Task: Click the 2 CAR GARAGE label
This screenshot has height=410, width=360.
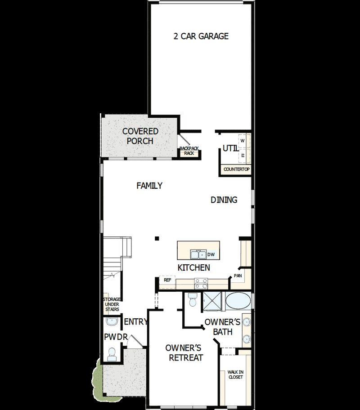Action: tap(201, 36)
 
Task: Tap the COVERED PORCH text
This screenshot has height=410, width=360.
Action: tap(140, 136)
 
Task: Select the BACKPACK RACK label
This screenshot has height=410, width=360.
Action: tap(189, 151)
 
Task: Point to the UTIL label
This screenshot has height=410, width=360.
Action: tap(229, 148)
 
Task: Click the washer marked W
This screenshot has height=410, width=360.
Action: tap(243, 141)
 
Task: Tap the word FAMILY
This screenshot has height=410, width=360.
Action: tap(149, 186)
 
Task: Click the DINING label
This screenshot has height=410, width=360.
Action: tap(224, 200)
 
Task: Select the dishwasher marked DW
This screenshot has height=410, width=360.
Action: tap(211, 255)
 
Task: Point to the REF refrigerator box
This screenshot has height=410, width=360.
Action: tap(167, 280)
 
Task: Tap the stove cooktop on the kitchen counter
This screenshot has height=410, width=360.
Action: tap(201, 283)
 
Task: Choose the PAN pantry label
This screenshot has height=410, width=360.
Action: tap(237, 276)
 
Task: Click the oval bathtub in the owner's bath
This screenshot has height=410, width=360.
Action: tap(239, 300)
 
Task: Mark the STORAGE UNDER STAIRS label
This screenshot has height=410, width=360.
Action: tap(111, 304)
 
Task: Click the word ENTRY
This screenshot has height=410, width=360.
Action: tap(136, 322)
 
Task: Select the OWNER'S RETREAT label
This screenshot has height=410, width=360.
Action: tap(185, 353)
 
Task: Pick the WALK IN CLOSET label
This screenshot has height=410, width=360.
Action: tap(235, 374)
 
